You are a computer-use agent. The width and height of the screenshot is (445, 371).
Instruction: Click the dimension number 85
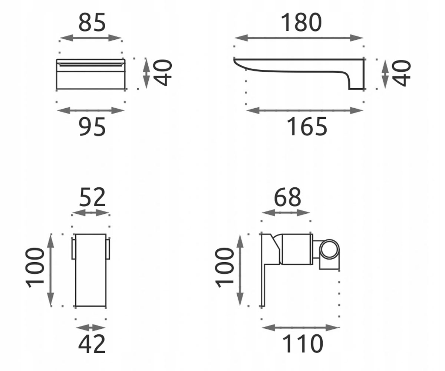[x=92, y=22]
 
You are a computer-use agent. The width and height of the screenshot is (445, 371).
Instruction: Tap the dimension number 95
[x=92, y=127]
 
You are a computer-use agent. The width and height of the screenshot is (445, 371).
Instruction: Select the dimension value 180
[x=301, y=22]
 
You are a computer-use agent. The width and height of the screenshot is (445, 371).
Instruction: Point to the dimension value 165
[x=307, y=127]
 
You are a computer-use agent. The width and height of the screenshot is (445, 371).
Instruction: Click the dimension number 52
[x=92, y=197]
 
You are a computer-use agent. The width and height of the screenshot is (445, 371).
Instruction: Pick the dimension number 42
[x=92, y=344]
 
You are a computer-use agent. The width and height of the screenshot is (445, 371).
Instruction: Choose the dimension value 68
[x=287, y=197]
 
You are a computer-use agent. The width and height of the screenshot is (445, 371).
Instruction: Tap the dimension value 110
[x=303, y=344]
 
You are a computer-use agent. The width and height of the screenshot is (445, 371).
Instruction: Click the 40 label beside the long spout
[x=401, y=73]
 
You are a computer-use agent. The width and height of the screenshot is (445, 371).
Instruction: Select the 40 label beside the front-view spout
[x=163, y=73]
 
